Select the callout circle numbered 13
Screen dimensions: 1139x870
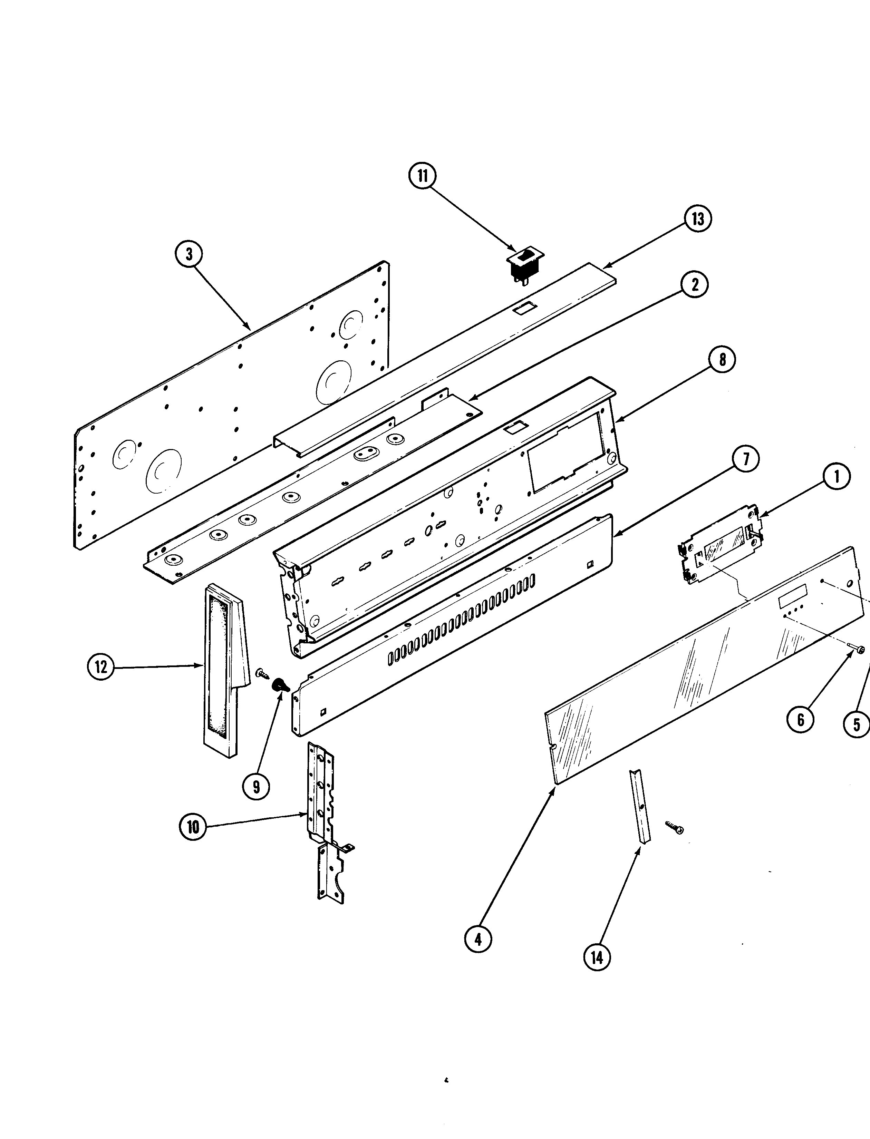[x=697, y=219]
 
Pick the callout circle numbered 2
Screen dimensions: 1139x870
[x=695, y=284]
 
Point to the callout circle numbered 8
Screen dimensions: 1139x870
[x=722, y=359]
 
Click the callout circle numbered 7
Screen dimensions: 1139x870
[x=745, y=460]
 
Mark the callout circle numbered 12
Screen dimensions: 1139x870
[x=101, y=667]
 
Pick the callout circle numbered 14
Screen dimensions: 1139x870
[x=597, y=958]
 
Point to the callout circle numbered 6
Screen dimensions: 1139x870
[x=800, y=720]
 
